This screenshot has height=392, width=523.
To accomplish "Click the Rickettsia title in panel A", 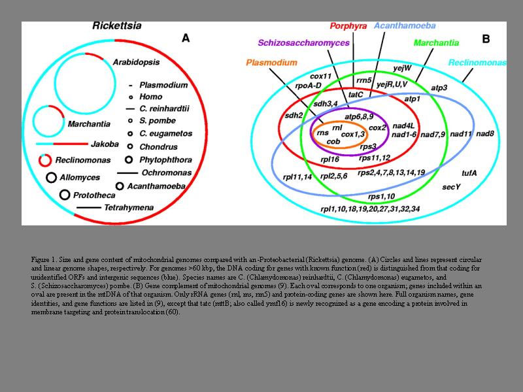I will [117, 27].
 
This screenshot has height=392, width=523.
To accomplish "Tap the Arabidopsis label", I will [136, 62].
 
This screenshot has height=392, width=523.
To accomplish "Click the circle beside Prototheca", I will [65, 195].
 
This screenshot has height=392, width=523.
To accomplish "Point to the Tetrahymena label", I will [129, 208].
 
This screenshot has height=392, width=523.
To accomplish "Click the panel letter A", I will [186, 39].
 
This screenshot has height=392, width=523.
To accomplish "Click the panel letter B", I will [486, 39].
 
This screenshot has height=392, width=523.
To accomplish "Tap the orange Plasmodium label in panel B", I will [271, 63].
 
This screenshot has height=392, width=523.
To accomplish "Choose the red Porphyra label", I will [348, 26].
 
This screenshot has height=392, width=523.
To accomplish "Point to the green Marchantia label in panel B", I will [436, 43].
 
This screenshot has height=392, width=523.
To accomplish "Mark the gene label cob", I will [333, 141].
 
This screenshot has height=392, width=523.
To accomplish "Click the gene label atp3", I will [439, 87].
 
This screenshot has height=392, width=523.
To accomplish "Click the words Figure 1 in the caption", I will [44, 259].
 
